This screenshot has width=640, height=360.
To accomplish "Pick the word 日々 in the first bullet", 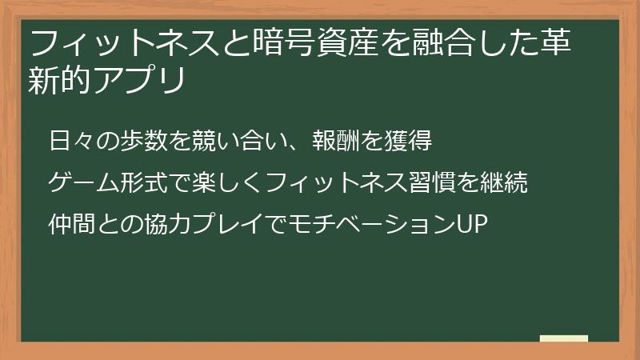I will pyautogui.click(x=69, y=142).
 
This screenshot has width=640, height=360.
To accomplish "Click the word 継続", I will pyautogui.click(x=504, y=184).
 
